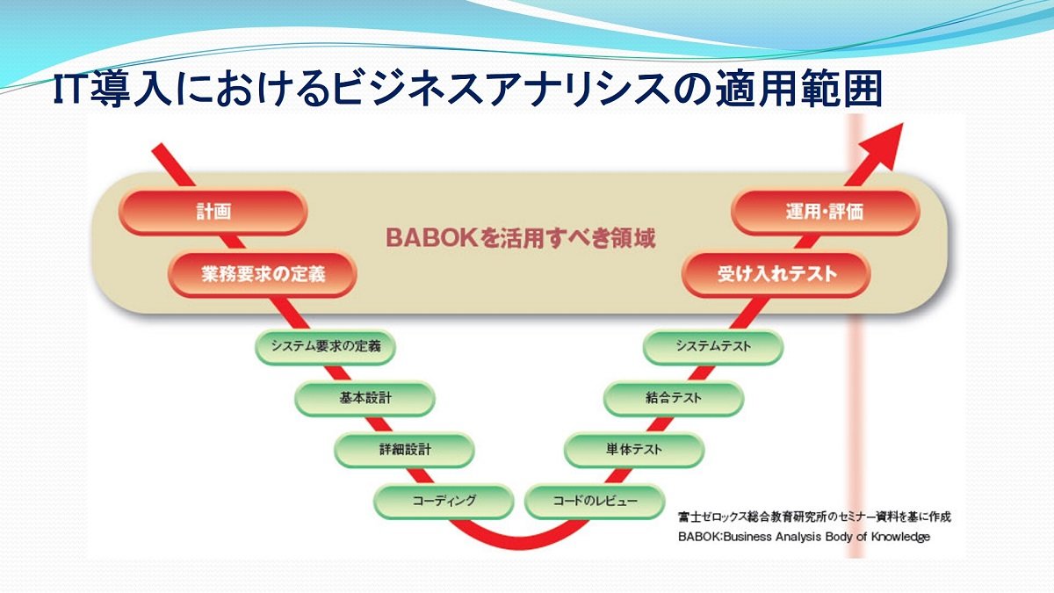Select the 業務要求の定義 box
point(263,274)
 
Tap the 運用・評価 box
point(825,213)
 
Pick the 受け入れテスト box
point(776,274)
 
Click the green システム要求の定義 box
point(325,346)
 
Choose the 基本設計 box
point(365,398)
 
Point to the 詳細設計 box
point(404,450)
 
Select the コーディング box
point(444,501)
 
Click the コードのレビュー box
point(595,501)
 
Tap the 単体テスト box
point(634,450)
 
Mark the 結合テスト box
point(674,398)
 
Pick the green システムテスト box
point(713,346)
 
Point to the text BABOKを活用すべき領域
point(520,239)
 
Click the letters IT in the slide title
point(69,90)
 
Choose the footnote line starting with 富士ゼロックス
point(814,517)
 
